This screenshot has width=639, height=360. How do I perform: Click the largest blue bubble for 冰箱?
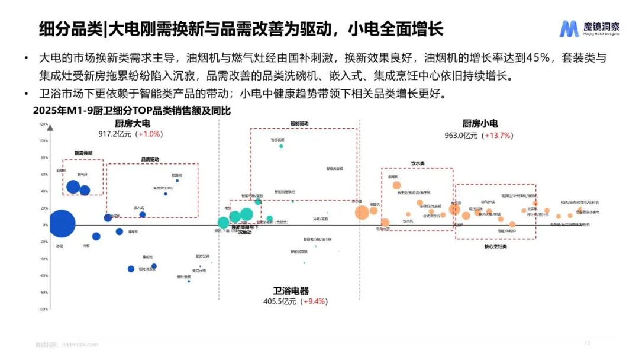coord(62,224)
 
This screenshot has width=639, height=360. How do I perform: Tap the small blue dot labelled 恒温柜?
coord(177,181)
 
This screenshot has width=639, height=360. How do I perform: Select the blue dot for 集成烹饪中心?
coord(165,194)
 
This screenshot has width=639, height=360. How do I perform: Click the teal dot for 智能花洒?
coord(281,146)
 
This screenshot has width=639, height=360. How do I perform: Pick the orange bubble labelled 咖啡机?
coord(396,185)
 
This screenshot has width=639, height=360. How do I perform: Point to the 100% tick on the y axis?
coord(43,141)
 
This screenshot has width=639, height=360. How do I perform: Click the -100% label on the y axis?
coord(43,309)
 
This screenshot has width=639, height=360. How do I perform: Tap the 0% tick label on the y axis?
coord(45,225)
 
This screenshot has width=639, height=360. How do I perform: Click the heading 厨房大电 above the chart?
coord(133,124)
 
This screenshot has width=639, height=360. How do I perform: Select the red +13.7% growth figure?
coord(498,135)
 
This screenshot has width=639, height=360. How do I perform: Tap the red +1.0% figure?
coord(149,134)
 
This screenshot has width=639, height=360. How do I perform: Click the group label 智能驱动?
coord(299,124)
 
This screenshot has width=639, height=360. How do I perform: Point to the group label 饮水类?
coord(418,163)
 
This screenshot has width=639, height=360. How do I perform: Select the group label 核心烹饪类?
coord(496,245)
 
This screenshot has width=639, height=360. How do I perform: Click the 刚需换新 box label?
coord(83,153)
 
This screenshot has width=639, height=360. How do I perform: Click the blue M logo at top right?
coord(570,28)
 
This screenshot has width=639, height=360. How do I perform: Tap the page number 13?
coord(587,343)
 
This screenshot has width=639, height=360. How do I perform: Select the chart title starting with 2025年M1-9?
coord(131,111)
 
